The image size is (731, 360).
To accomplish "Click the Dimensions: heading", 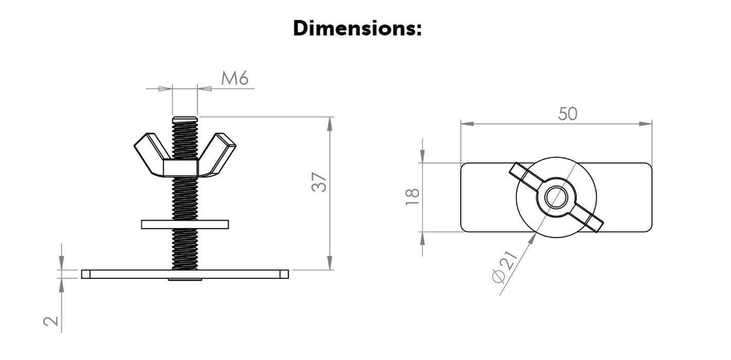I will pos(357,28).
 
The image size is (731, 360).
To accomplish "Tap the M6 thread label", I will pos(235,78).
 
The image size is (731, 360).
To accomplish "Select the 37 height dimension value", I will pos(319,183).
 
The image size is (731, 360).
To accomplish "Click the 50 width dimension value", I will pos(568,114).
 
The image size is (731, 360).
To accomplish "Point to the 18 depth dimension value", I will pos(413,197).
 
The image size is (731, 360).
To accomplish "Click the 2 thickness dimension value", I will pos(51,321).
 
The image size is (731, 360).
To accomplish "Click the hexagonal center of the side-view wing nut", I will pos(181,168).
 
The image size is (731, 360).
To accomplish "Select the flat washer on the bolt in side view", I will pos(185,224).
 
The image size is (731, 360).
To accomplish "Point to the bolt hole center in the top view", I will pos(556,197).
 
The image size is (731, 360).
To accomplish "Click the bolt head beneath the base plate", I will pos(185,280).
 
